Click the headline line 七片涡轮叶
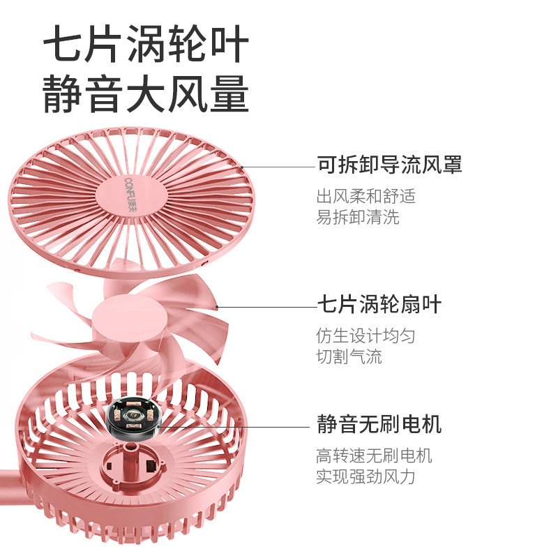tap(145, 47)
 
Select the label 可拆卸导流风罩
tap(389, 166)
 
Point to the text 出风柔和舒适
tap(365, 196)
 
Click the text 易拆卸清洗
tap(358, 217)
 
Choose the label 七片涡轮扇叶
tap(379, 306)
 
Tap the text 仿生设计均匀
tap(365, 335)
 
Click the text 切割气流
tap(349, 357)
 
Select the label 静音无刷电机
tap(379, 424)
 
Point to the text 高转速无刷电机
tap(374, 456)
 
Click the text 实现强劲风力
tap(365, 477)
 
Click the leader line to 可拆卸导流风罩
tap(279, 167)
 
